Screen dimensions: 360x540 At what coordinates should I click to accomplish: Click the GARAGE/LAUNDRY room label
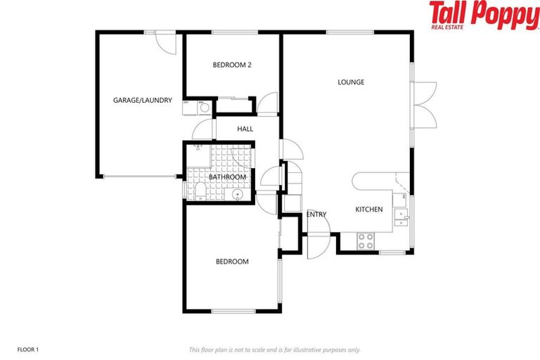coord(143,101)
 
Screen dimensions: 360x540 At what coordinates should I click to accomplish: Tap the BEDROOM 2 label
coord(232,65)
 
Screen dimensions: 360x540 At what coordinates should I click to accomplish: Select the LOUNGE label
coord(351,82)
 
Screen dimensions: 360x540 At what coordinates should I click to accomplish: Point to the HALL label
coord(245,129)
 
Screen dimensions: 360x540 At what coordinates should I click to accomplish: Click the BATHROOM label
coord(227,176)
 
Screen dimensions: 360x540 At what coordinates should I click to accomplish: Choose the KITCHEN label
coord(368,210)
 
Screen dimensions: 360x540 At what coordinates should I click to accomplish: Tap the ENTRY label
coord(316,214)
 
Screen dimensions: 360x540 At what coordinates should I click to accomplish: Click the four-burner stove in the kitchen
coord(366,241)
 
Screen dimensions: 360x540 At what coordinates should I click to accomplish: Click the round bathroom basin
coord(238,193)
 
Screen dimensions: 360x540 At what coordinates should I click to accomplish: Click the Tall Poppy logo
coord(484,15)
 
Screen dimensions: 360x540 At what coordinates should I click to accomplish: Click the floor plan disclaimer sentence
coord(274,349)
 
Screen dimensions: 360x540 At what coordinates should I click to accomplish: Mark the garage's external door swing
coord(163,42)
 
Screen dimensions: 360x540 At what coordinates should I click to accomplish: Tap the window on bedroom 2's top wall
coord(232,31)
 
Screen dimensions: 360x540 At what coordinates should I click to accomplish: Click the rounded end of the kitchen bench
coord(358,181)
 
